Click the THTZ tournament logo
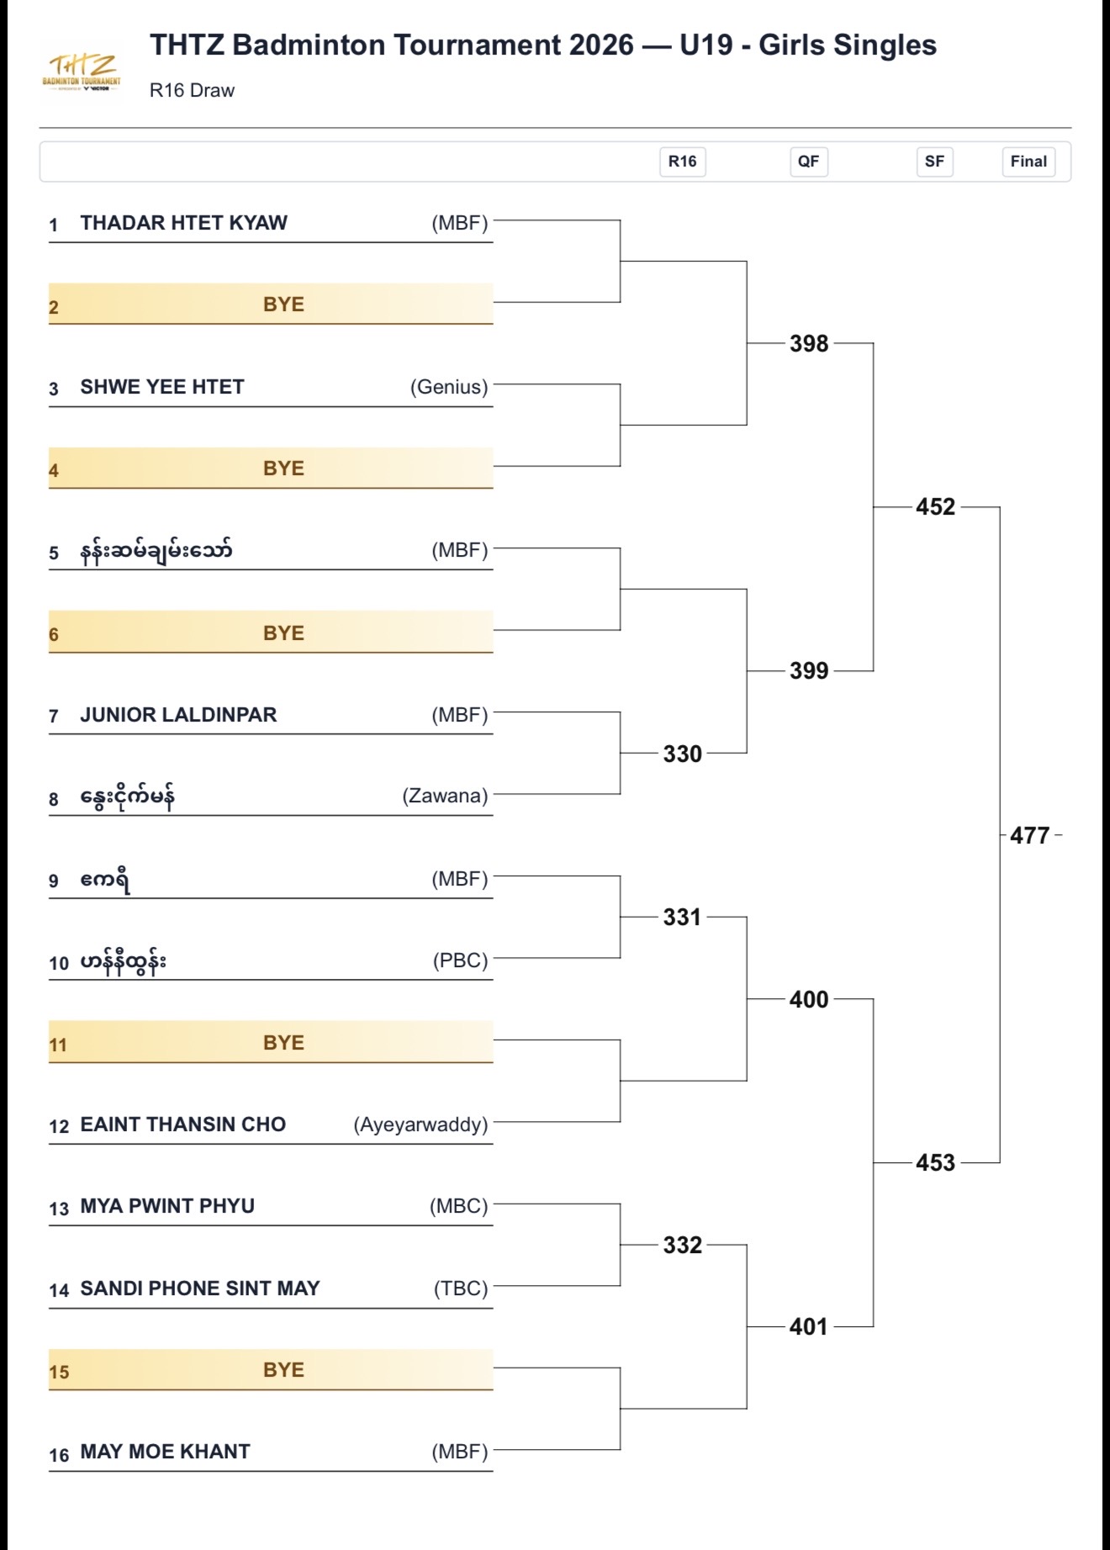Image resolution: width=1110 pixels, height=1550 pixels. point(82,71)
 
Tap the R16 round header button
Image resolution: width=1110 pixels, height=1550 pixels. point(682,161)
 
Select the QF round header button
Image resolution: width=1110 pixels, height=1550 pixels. point(808,161)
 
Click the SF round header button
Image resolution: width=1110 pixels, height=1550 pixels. point(934,161)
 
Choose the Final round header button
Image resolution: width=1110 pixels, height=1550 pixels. point(1028,161)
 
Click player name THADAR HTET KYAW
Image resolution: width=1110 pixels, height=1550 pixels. point(184,223)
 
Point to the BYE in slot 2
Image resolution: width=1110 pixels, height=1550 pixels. point(283,304)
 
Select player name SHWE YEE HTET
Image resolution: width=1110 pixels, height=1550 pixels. point(162,387)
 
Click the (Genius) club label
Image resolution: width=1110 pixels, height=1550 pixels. point(449,387)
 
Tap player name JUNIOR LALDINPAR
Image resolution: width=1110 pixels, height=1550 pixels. point(178,715)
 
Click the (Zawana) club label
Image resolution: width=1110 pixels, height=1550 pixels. point(445,796)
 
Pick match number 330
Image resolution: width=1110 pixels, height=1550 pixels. point(682,754)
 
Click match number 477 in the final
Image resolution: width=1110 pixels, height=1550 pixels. point(1029,835)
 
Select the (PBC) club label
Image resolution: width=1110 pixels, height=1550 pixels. point(461,960)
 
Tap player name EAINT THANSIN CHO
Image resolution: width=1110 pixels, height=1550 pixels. point(183,1124)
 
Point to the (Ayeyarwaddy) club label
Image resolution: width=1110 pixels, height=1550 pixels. point(420,1124)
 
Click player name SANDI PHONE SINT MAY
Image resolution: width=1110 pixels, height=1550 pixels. point(200,1288)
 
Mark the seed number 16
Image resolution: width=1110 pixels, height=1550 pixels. point(59,1455)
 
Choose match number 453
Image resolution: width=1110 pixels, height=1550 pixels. point(935,1162)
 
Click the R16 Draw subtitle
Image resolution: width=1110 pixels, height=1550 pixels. point(192,91)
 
